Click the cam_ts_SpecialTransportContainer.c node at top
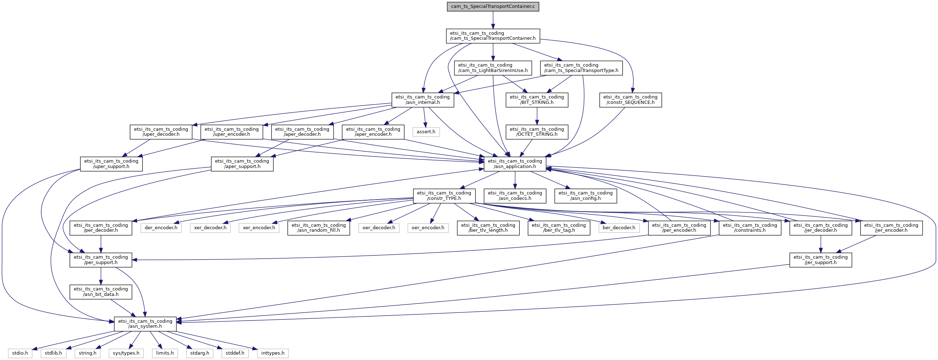point(493,6)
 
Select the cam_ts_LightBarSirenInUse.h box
point(493,68)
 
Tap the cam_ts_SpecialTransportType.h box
point(581,68)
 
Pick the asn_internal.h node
point(423,100)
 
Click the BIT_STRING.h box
point(537,100)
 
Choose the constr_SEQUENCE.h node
point(630,100)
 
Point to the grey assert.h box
point(426,132)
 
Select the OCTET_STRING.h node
point(537,132)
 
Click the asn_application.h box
point(515,164)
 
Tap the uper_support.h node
point(111,164)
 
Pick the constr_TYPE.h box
point(444,196)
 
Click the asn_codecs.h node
point(515,196)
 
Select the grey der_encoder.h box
point(161,228)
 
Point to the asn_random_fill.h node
point(319,228)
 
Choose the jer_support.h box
point(821,260)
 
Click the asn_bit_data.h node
point(101,292)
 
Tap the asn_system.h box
point(145,324)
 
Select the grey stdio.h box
point(20,353)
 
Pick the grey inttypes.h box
point(273,353)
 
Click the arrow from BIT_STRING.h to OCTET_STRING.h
point(537,116)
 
